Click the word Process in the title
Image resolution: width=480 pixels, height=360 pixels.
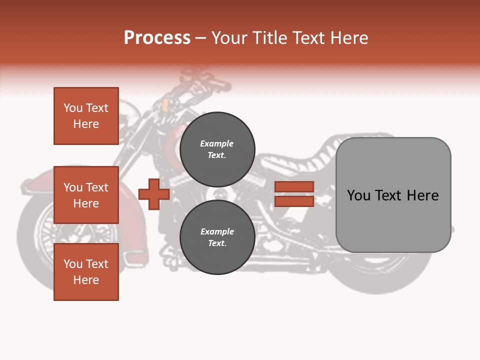157,38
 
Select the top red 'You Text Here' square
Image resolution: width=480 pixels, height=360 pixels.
86,116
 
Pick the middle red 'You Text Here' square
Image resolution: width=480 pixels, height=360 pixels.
86,195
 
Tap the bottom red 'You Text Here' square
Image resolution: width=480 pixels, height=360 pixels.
86,272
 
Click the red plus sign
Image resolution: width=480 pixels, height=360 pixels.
153,194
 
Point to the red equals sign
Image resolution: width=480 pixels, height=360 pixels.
294,194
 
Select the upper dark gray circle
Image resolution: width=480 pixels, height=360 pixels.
217,149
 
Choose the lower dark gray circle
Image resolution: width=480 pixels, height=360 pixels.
217,237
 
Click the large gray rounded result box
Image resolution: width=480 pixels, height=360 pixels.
393,195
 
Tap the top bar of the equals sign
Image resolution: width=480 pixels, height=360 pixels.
294,186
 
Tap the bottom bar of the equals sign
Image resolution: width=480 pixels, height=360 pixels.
294,201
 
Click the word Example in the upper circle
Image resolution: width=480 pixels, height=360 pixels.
216,144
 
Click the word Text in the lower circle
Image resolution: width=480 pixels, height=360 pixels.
216,243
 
